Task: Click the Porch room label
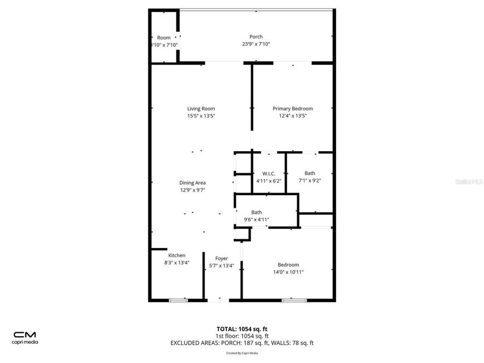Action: [x=256, y=37]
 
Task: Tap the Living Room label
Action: [x=201, y=109]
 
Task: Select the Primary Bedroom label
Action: [x=293, y=109]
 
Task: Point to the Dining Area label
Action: [x=193, y=183]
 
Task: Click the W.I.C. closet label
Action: [x=269, y=173]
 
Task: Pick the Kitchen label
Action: [x=177, y=255]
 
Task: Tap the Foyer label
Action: [x=222, y=259]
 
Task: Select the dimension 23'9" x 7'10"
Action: [x=256, y=44]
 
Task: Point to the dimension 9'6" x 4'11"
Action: [x=257, y=219]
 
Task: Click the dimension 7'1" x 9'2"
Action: [x=310, y=181]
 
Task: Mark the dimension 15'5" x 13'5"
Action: [x=201, y=116]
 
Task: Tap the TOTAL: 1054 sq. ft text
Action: [x=242, y=329]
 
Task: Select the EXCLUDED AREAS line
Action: [x=242, y=343]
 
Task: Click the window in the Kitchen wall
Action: [x=178, y=300]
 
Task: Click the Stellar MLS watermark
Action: [x=468, y=182]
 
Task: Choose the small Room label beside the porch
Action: [x=164, y=38]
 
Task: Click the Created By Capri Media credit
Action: [x=242, y=353]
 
